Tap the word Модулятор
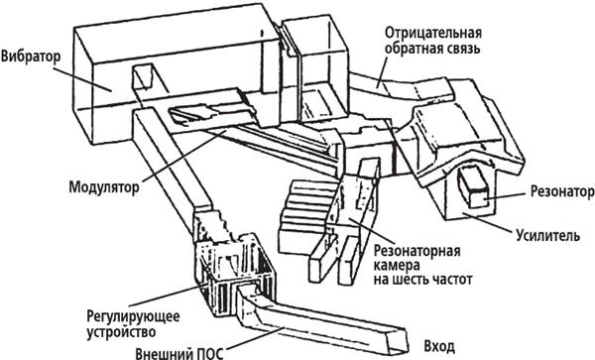(101, 185)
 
